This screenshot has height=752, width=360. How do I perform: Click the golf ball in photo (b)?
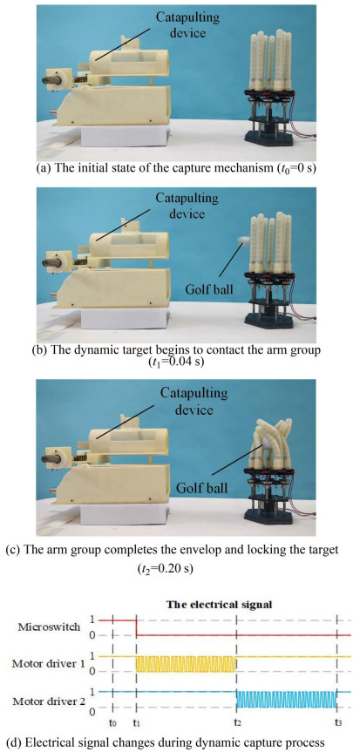244,241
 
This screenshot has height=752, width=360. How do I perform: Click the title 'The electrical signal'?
219,605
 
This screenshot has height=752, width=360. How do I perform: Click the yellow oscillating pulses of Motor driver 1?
187,663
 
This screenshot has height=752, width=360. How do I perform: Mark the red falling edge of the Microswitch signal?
137,627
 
